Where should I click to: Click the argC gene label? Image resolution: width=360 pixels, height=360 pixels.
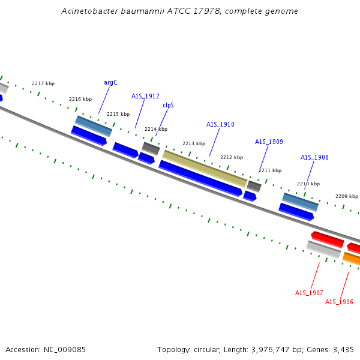[110, 82]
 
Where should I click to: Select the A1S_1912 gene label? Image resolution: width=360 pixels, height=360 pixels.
[145, 96]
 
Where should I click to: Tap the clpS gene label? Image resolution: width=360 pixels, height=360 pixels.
[168, 105]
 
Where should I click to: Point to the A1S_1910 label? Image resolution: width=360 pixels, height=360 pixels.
[220, 124]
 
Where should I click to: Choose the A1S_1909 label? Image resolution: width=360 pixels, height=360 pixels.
[269, 142]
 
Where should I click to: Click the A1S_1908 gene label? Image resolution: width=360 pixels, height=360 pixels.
[314, 157]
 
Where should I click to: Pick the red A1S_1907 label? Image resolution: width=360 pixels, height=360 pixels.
[309, 293]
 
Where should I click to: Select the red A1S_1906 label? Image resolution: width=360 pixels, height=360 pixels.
[339, 302]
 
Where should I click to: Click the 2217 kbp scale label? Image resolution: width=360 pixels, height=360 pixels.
[43, 83]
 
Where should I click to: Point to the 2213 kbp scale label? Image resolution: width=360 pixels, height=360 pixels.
[194, 143]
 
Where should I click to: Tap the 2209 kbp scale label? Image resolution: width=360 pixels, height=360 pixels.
[347, 196]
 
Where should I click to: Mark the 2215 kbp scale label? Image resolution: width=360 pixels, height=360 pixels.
[118, 114]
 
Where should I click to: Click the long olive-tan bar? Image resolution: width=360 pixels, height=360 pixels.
[205, 169]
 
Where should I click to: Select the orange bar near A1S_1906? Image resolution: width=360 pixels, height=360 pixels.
[351, 259]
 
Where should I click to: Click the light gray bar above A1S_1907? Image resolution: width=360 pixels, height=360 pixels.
[324, 250]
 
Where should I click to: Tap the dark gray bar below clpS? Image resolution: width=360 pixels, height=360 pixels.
[151, 149]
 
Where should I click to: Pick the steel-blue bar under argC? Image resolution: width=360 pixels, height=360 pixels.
[94, 126]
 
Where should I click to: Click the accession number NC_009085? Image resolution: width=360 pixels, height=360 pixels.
[65, 350]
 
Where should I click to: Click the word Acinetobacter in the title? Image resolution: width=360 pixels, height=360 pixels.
[90, 11]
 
